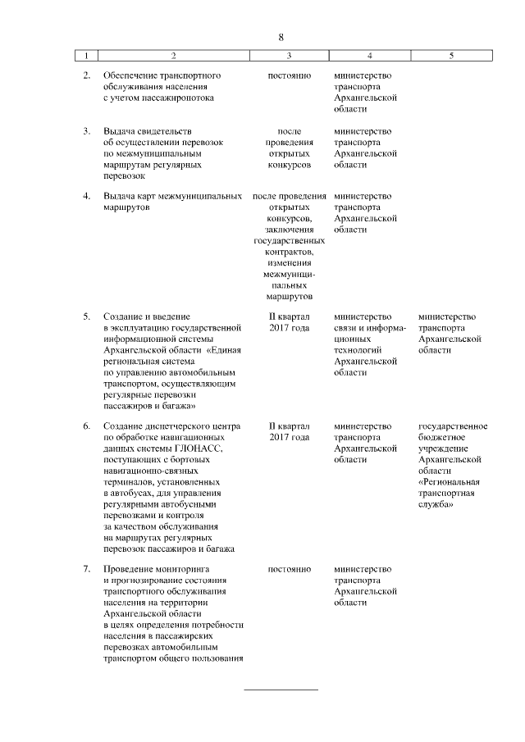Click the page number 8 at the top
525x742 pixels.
tap(281, 38)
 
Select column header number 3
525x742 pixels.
tap(289, 56)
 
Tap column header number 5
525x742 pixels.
tap(451, 56)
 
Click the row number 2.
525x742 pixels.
tap(86, 75)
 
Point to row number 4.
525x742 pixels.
tap(86, 197)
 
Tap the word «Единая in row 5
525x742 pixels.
tap(222, 349)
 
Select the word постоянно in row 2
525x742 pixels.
tap(289, 75)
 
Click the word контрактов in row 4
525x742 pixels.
tap(289, 253)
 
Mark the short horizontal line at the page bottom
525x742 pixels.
tap(281, 690)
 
